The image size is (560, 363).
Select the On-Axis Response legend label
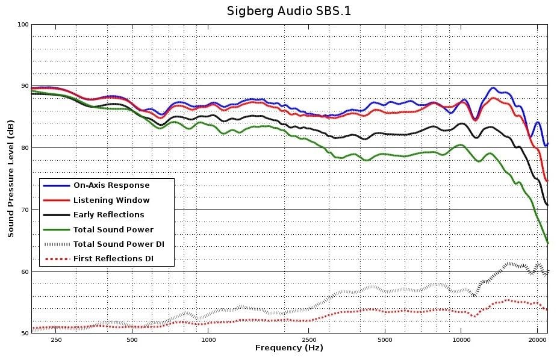click(x=111, y=185)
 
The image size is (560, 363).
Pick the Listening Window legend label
click(x=111, y=200)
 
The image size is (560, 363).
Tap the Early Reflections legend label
click(x=108, y=214)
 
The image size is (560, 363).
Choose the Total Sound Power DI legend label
click(x=119, y=244)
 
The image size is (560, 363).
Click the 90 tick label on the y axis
click(x=23, y=86)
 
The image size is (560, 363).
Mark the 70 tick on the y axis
click(x=23, y=210)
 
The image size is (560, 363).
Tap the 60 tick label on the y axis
click(x=23, y=272)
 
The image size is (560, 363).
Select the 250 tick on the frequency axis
click(x=56, y=340)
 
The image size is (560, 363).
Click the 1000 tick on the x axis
click(x=208, y=340)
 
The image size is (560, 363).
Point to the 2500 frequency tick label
click(x=308, y=340)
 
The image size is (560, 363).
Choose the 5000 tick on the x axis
click(x=385, y=340)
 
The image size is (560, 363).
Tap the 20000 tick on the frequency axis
click(x=537, y=340)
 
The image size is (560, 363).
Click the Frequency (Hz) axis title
click(x=289, y=348)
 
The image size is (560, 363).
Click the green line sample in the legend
click(x=56, y=229)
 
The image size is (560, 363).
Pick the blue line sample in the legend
click(x=56, y=185)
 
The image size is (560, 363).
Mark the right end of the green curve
click(x=547, y=243)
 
